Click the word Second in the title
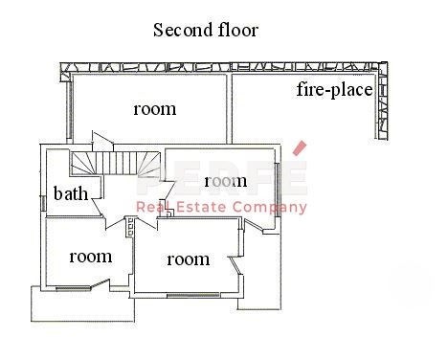tap(183, 30)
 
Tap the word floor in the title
tap(238, 30)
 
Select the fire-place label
tap(334, 90)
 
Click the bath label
tap(71, 193)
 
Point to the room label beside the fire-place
tap(155, 109)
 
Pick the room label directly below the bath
tap(91, 257)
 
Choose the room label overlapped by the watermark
tap(226, 181)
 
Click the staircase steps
tap(116, 163)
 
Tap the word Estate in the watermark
tap(201, 207)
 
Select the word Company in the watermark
tap(270, 208)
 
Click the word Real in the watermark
tap(153, 207)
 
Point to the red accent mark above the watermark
tap(300, 148)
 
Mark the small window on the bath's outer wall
tap(42, 203)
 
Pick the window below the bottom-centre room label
tap(193, 295)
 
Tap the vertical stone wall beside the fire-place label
tap(383, 101)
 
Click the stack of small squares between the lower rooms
tap(130, 227)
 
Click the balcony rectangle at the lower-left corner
tap(83, 304)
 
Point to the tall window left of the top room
tap(69, 109)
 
